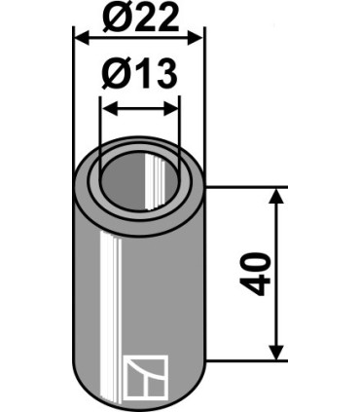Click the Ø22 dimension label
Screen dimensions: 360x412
coord(140,17)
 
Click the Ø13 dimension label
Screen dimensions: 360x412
coord(139,74)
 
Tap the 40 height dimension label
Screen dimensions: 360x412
coord(255,274)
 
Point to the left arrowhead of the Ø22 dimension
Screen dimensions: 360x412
coord(82,38)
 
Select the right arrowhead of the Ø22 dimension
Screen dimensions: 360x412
coord(196,38)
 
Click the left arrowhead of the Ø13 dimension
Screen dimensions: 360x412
coord(109,109)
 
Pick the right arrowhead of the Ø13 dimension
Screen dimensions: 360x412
coord(171,109)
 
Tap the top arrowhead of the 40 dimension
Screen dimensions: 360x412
coord(276,196)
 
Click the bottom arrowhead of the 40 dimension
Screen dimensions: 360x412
coord(276,352)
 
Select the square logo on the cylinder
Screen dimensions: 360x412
coord(146,377)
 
